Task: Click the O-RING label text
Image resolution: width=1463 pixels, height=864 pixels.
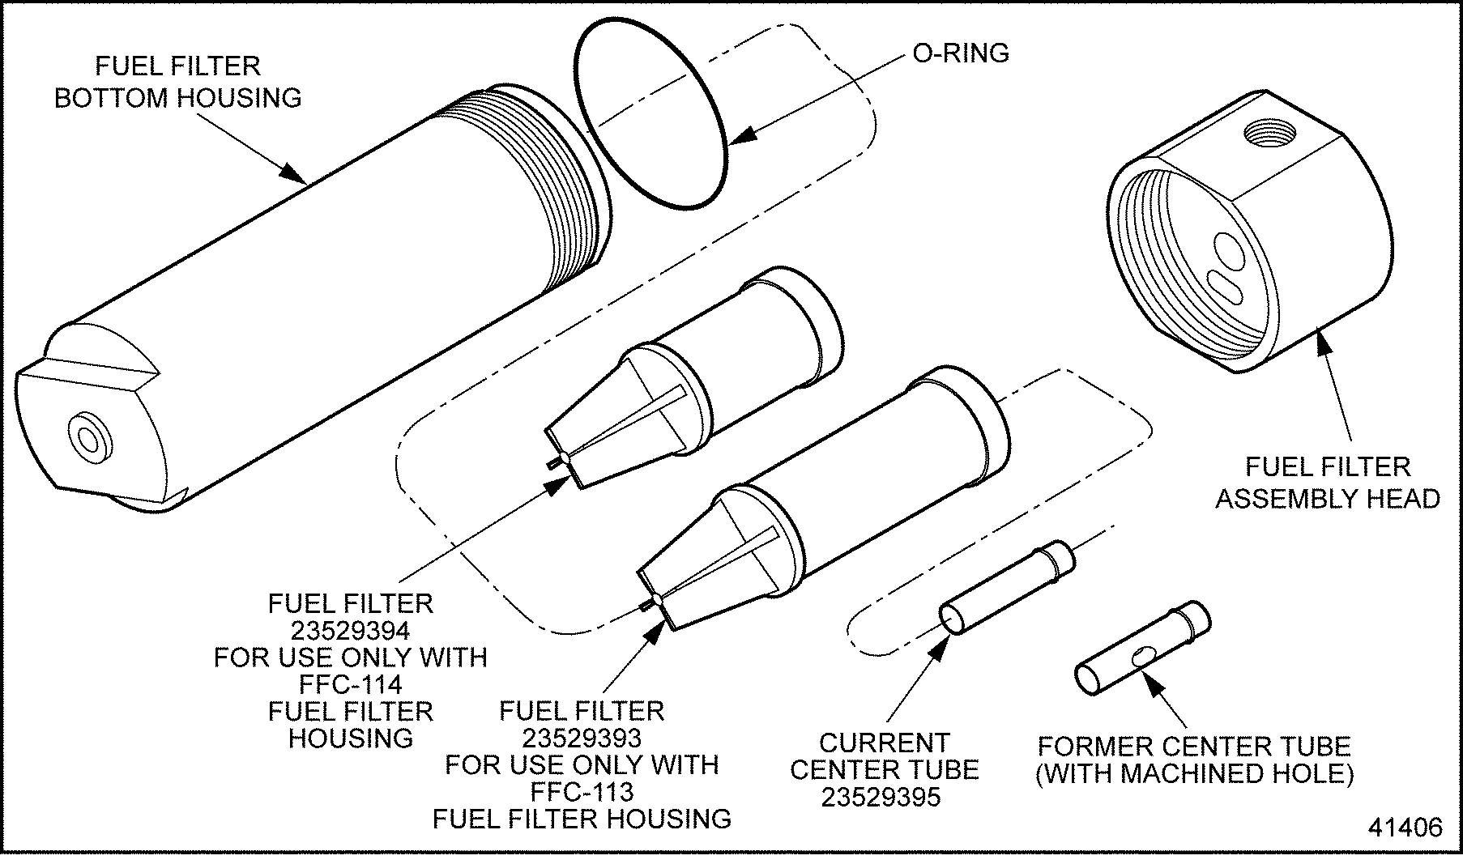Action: pyautogui.click(x=961, y=53)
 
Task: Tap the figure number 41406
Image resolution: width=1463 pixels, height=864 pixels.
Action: pyautogui.click(x=1405, y=827)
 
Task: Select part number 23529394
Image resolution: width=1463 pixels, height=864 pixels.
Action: pyautogui.click(x=351, y=630)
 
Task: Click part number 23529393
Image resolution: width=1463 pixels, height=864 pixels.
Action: pyautogui.click(x=582, y=738)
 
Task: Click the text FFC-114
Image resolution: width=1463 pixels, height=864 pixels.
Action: pyautogui.click(x=351, y=684)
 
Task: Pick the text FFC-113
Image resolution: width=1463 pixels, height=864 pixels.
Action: pyautogui.click(x=582, y=791)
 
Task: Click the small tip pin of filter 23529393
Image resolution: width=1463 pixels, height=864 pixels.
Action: pyautogui.click(x=646, y=604)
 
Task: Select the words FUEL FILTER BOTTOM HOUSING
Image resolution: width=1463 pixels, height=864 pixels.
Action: pyautogui.click(x=177, y=82)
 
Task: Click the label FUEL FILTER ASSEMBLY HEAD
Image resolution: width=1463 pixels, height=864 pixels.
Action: pyautogui.click(x=1328, y=483)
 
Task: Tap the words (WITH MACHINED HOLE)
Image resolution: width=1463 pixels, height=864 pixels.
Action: pyautogui.click(x=1194, y=773)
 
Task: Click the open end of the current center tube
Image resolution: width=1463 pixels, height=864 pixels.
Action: pyautogui.click(x=950, y=620)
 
